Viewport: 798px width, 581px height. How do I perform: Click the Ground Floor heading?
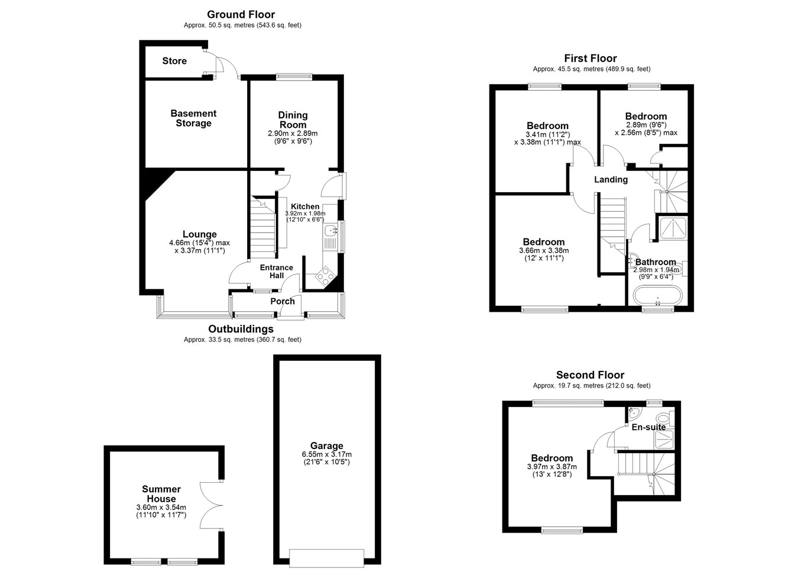[241, 15]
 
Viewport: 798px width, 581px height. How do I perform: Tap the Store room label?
[174, 61]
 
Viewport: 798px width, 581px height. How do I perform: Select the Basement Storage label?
[193, 118]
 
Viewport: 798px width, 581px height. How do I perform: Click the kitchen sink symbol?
[330, 231]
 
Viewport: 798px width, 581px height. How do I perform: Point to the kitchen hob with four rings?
[326, 276]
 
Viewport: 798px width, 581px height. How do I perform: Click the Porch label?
[283, 301]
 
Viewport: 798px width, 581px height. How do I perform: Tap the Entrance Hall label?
[277, 272]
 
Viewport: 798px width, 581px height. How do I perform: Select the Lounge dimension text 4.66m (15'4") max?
[200, 243]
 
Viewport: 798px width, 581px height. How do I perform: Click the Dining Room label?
[293, 120]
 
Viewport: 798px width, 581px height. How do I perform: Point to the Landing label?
[611, 180]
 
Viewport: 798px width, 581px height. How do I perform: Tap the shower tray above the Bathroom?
[673, 228]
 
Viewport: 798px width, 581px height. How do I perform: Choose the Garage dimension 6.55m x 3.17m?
[327, 454]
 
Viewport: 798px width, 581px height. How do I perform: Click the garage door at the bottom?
[327, 558]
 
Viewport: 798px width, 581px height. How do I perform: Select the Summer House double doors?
[211, 505]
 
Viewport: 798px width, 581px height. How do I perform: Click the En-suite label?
[648, 427]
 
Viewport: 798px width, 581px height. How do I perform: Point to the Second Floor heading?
[591, 375]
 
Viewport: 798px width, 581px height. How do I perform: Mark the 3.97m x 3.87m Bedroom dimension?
[552, 467]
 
